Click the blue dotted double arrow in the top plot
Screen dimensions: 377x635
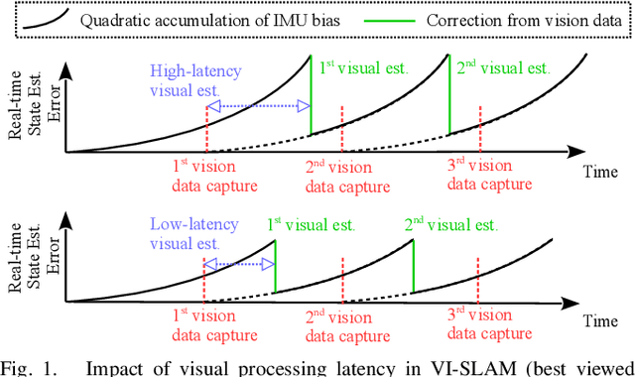258,106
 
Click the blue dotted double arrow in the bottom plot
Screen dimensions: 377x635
239,265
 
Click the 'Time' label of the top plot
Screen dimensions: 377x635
599,171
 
